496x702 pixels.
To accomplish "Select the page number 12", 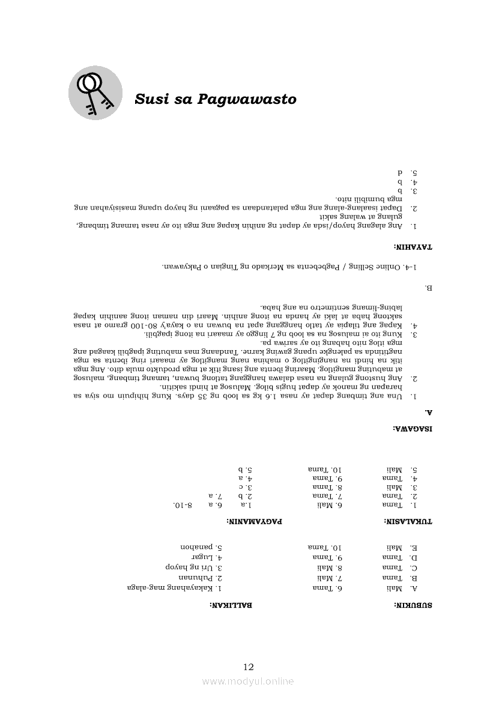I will click(x=249, y=667).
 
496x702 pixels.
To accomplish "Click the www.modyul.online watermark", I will click(x=248, y=681).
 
